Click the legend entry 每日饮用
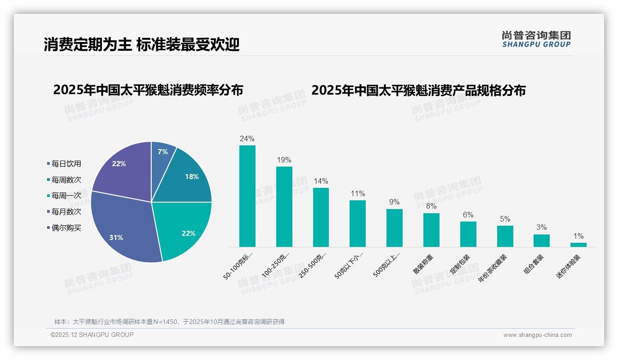click(66, 163)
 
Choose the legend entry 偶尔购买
click(66, 228)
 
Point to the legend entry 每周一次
click(66, 196)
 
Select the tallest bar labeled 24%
click(247, 196)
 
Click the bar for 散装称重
click(431, 230)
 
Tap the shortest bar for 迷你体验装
click(578, 245)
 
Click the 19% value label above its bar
click(284, 160)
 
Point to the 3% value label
click(541, 228)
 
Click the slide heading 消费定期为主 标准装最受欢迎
click(142, 45)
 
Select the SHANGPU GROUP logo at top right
click(536, 39)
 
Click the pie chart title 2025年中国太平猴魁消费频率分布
click(148, 90)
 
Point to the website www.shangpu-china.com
click(537, 335)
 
